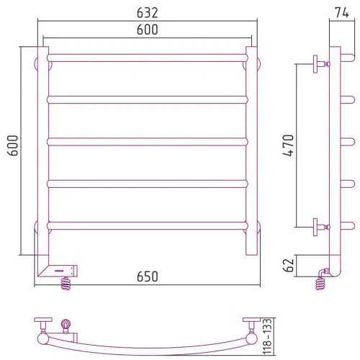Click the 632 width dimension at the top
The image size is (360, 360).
pyautogui.click(x=147, y=13)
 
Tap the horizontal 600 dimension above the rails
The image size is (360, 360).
pyautogui.click(x=147, y=30)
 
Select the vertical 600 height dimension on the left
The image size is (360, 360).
pyautogui.click(x=13, y=145)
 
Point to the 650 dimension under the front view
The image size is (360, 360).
pyautogui.click(x=147, y=276)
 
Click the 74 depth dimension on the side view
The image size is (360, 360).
pyautogui.click(x=342, y=13)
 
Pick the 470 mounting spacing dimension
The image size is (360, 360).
pyautogui.click(x=288, y=145)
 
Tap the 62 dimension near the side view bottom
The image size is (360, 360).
pyautogui.click(x=288, y=265)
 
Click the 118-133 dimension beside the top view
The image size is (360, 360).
pyautogui.click(x=267, y=336)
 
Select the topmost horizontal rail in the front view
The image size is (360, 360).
pyautogui.click(x=148, y=58)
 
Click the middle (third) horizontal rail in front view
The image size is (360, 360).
pyautogui.click(x=148, y=142)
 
